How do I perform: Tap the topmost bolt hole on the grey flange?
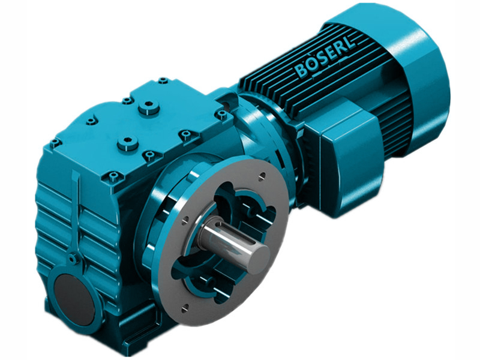tap(262, 176)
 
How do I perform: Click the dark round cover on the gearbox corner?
tap(71, 294)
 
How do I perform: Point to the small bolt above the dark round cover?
tap(72, 259)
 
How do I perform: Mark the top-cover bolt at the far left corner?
tap(55, 143)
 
